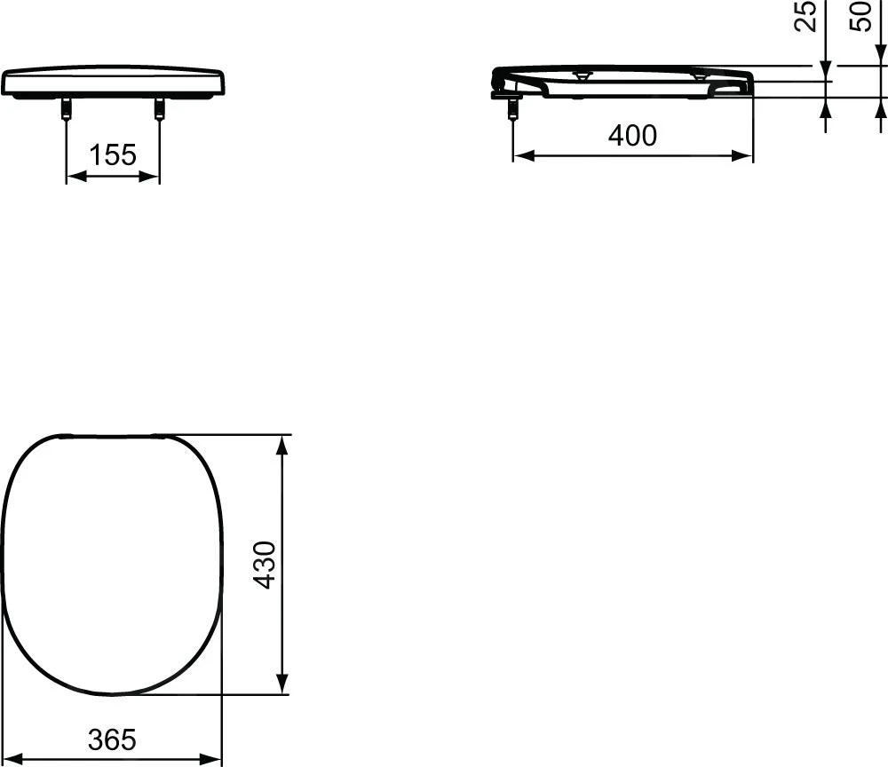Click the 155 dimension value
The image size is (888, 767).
pyautogui.click(x=114, y=155)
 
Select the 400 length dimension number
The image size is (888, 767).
pyautogui.click(x=632, y=136)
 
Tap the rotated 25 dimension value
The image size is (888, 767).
pyautogui.click(x=805, y=16)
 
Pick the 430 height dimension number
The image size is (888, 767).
pyautogui.click(x=266, y=565)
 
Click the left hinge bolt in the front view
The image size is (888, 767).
pyautogui.click(x=67, y=108)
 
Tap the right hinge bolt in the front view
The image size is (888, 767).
pyautogui.click(x=160, y=108)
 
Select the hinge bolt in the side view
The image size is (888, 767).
pyautogui.click(x=512, y=107)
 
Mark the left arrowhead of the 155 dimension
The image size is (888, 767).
pyautogui.click(x=75, y=177)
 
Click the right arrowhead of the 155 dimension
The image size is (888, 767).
pyautogui.click(x=152, y=177)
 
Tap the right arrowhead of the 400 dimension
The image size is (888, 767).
pyautogui.click(x=744, y=156)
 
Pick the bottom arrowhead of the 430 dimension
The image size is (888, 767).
pyautogui.click(x=283, y=685)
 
